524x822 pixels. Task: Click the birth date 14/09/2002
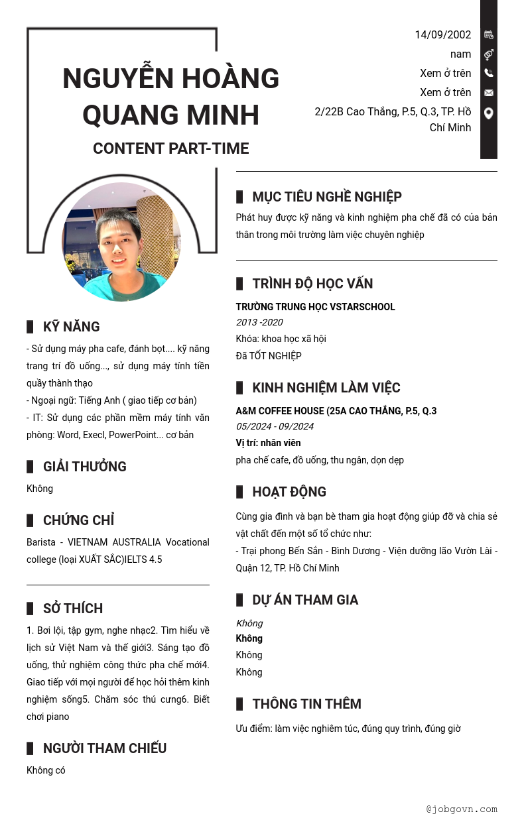tap(442, 35)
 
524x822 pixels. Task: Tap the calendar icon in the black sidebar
tap(489, 34)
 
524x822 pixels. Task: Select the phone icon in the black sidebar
tap(489, 73)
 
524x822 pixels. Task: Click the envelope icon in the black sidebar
tap(489, 93)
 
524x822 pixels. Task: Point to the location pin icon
tap(489, 113)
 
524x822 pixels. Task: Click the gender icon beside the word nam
tap(489, 54)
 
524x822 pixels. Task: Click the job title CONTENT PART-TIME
tap(170, 148)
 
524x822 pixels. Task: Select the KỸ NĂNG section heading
tap(71, 327)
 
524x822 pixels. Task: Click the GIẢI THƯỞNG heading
tap(84, 467)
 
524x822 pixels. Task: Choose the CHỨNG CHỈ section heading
tap(78, 520)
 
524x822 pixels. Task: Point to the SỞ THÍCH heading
tap(72, 609)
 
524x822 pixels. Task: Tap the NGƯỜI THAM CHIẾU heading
tap(104, 748)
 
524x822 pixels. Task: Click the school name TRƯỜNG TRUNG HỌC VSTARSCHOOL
tap(315, 307)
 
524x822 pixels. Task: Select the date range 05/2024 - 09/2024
tap(275, 426)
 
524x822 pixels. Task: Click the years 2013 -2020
tap(259, 322)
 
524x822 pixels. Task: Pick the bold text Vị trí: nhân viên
tap(268, 443)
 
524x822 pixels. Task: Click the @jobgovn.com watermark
tap(462, 809)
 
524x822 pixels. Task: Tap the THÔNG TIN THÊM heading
tap(306, 704)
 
